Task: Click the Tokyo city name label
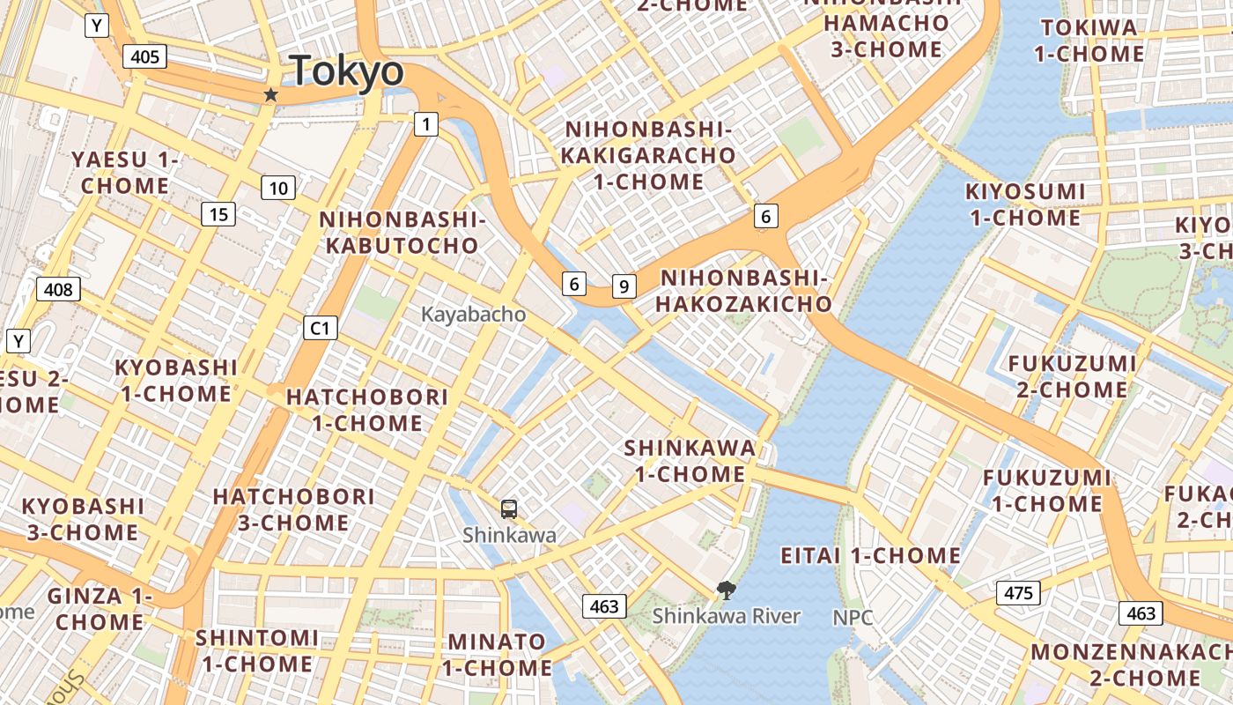pos(347,70)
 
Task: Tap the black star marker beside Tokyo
pos(270,94)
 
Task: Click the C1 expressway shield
pos(320,329)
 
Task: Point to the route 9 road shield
pos(624,286)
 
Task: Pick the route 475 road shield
pos(1018,593)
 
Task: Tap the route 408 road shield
pos(59,289)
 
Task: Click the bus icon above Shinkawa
pos(509,508)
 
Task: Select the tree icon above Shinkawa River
pos(726,590)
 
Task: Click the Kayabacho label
pos(473,315)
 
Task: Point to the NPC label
pos(853,618)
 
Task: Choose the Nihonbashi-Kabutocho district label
pos(402,233)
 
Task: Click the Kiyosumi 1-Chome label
pos(1025,204)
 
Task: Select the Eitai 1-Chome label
pos(871,556)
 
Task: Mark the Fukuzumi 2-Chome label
pos(1072,376)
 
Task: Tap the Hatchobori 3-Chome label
pos(293,509)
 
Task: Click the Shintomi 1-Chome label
pos(256,650)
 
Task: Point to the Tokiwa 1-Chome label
pos(1089,41)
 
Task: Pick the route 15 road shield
pos(218,214)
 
